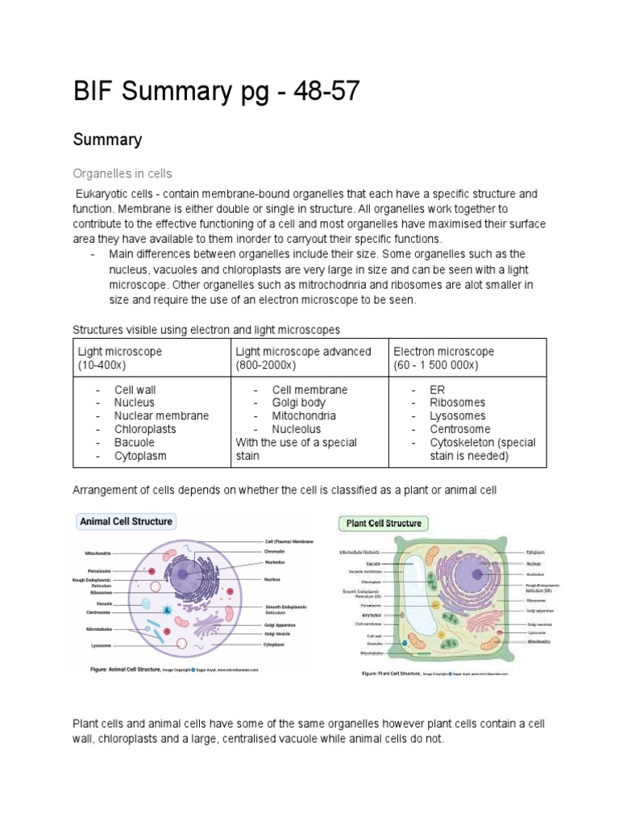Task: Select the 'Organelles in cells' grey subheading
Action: coord(123,173)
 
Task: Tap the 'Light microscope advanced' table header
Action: coord(303,352)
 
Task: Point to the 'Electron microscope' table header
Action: coord(443,352)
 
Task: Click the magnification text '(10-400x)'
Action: coord(106,365)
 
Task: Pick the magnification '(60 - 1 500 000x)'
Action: coord(436,365)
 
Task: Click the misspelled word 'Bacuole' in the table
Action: coord(134,443)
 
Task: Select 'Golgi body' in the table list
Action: coord(299,403)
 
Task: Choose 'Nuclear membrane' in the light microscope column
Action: coord(161,415)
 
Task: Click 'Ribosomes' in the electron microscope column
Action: coord(458,403)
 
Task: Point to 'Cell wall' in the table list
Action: coord(135,390)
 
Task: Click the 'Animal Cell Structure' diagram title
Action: coord(126,522)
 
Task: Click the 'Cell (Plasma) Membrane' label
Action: coord(289,542)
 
